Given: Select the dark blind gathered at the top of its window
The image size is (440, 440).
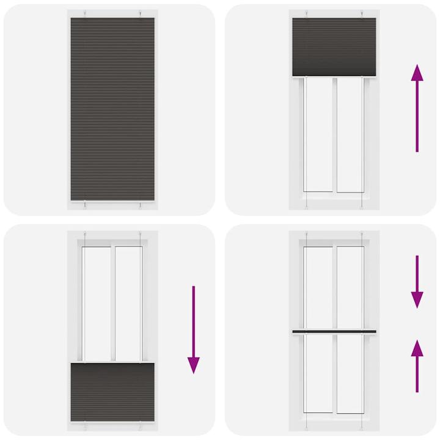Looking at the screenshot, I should tap(334, 46).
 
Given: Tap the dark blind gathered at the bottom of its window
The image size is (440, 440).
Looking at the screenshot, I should tap(112, 389).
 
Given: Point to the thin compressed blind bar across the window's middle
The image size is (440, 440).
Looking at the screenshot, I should tap(334, 331).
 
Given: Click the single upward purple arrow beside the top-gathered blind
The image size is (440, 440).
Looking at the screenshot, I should tap(417, 107).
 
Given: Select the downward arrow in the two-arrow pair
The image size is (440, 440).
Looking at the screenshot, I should tap(417, 282).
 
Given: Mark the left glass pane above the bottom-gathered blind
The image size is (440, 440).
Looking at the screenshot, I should tap(97, 303).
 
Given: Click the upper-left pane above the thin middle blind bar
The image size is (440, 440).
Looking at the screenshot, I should tap(318, 287).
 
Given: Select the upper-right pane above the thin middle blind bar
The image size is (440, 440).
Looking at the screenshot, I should tap(350, 287).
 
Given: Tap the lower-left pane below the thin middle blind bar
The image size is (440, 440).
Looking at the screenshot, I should tap(318, 374).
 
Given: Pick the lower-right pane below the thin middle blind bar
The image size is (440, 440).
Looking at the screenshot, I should tap(350, 374).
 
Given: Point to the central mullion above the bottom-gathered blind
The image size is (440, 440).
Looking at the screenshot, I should tap(112, 303).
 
